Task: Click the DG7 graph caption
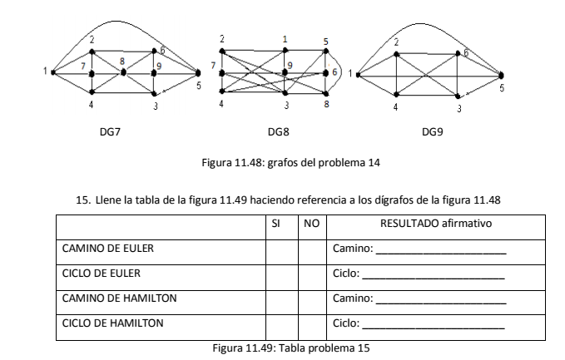pos(108,132)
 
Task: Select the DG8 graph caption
pos(279,132)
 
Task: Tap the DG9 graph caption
pos(434,132)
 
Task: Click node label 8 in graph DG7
pos(123,61)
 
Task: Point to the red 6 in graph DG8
pos(335,72)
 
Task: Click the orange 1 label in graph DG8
pos(285,39)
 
